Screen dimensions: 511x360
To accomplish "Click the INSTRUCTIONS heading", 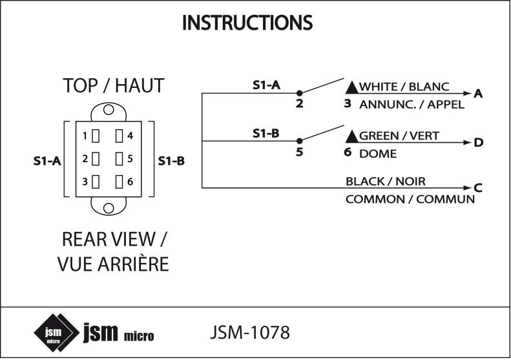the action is click(x=247, y=23).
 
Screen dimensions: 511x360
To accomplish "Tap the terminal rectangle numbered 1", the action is click(x=96, y=136).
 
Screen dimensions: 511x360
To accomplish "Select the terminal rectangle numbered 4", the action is click(x=120, y=136).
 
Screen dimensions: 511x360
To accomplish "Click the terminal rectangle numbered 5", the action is click(x=120, y=159).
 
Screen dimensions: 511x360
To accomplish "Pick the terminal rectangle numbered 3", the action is click(x=96, y=182).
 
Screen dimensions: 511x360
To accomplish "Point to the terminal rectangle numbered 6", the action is click(x=120, y=182).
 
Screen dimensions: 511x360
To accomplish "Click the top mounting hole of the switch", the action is click(x=109, y=110).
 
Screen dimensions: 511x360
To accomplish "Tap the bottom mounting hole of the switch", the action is click(x=109, y=207).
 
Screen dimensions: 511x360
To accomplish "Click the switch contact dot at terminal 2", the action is click(x=300, y=93).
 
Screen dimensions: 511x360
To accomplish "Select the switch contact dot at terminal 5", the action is click(x=300, y=141).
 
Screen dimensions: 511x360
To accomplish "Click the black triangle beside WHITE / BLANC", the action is click(x=352, y=87).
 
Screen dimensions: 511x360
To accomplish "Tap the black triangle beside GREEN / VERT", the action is click(x=352, y=136).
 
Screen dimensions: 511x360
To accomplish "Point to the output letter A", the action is click(x=478, y=94).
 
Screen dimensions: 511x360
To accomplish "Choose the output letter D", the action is click(x=478, y=142).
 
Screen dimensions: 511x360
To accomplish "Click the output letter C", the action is click(x=478, y=188).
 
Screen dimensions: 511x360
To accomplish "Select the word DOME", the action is click(x=378, y=154).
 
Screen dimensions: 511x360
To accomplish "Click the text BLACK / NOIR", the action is click(x=386, y=182).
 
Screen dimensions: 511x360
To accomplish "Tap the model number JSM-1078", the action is click(x=250, y=332).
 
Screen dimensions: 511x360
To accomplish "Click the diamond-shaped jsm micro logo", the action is click(x=57, y=333).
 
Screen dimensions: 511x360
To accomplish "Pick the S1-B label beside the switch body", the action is click(x=171, y=161).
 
